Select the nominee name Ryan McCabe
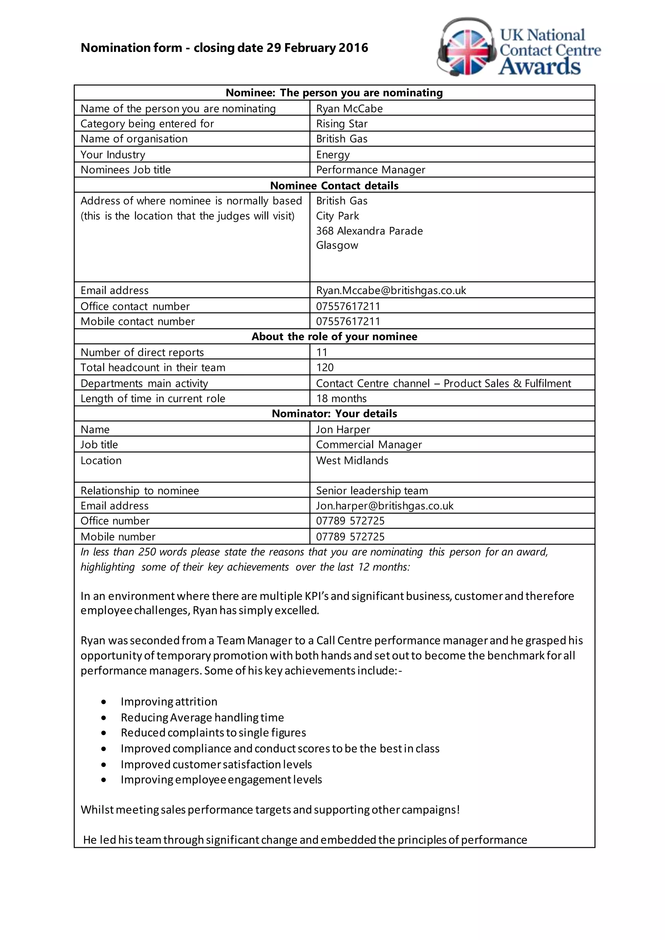point(349,108)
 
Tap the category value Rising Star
point(342,124)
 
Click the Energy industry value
point(332,155)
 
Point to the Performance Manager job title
point(370,170)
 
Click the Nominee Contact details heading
point(334,185)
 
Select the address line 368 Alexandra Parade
point(369,231)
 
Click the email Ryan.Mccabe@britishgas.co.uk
point(391,290)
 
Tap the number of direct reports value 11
point(321,352)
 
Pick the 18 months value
point(341,398)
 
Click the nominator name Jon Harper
point(343,429)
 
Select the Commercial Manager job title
point(369,445)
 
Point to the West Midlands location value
point(352,461)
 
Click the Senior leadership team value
point(372,490)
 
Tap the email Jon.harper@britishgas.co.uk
point(384,506)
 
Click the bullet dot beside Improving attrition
point(104,702)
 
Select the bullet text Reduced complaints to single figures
point(213,733)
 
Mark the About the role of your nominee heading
point(334,337)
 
